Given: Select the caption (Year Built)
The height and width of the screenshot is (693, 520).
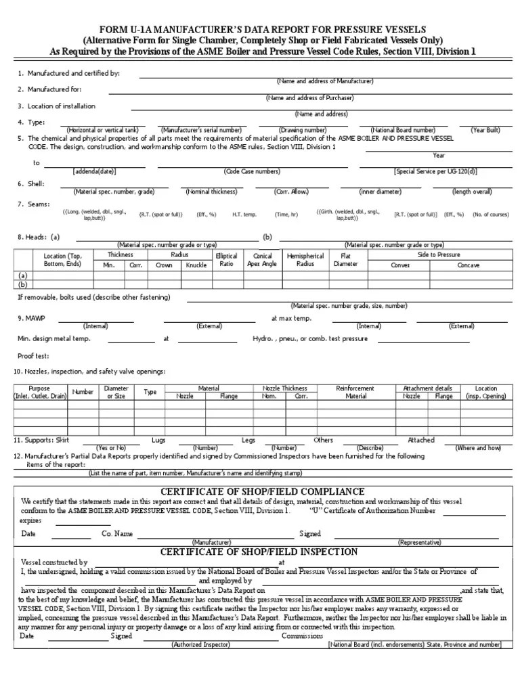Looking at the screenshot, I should click(485, 129).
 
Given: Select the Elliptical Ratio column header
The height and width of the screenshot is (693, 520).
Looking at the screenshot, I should click(226, 261).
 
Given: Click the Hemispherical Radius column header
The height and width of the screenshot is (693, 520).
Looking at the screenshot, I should click(305, 261).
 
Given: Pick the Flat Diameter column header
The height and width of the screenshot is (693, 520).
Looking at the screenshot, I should click(345, 261).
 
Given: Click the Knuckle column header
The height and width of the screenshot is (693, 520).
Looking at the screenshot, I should click(196, 265).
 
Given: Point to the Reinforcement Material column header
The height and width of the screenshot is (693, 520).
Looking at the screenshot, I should click(355, 393).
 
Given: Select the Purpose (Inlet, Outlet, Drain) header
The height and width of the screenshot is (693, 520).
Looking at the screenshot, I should click(40, 393).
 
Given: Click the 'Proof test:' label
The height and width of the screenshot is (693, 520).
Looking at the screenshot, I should click(33, 355).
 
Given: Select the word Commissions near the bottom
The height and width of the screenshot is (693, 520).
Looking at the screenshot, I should click(302, 636).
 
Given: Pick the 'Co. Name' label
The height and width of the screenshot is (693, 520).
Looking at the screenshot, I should click(117, 533).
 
